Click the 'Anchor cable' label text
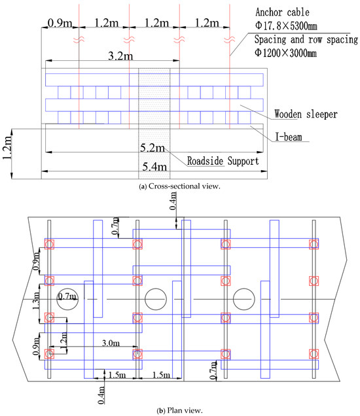coord(282,12)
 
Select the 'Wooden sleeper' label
coord(306,114)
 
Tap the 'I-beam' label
coord(289,137)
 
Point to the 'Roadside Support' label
coord(223,161)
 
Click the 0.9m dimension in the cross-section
coord(60,23)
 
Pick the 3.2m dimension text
coord(120,56)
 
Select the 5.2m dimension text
coord(153,148)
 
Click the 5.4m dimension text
coord(154,167)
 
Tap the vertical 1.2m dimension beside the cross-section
coord(7,148)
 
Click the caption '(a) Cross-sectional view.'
coord(180,186)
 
